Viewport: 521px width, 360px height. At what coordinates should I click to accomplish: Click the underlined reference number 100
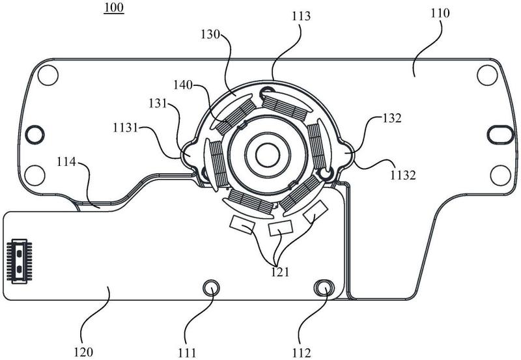[113, 7]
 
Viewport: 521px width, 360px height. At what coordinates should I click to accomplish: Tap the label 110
[440, 13]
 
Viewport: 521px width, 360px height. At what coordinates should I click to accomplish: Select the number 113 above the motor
[301, 16]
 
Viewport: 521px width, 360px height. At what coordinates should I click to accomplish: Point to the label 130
[210, 35]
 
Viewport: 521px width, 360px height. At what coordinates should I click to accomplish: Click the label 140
[183, 85]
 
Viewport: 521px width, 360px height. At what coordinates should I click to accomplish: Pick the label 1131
[125, 127]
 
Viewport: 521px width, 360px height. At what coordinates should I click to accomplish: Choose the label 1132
[402, 174]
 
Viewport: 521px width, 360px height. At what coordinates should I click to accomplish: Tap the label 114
[66, 162]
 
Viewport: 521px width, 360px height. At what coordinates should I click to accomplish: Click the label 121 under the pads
[280, 272]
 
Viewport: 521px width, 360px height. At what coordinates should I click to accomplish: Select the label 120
[83, 352]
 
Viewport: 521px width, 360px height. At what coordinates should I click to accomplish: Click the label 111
[187, 352]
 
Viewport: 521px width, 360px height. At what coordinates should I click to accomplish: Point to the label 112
[302, 352]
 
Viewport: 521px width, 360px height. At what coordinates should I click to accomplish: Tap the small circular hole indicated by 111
[211, 288]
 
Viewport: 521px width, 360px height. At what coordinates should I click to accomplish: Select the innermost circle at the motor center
[268, 155]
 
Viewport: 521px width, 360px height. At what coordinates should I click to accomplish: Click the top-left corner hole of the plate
[48, 75]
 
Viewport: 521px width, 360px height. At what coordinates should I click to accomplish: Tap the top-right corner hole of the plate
[487, 75]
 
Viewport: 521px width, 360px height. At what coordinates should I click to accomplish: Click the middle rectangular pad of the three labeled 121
[280, 228]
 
